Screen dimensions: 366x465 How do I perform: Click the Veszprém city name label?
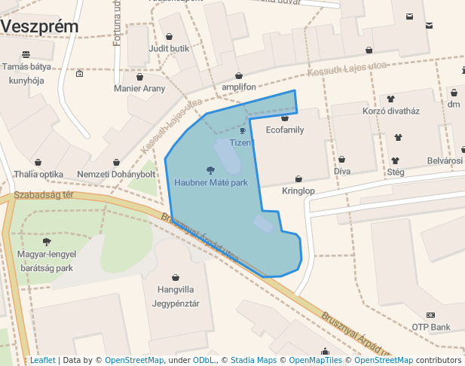click(x=39, y=26)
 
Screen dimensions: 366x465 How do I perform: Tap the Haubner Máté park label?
click(x=210, y=182)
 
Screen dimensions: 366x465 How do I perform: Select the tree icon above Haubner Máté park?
click(x=210, y=169)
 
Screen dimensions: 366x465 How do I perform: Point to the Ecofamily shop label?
click(x=285, y=130)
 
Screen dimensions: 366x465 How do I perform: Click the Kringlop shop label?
click(x=298, y=191)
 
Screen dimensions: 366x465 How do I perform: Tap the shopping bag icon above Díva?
click(x=342, y=160)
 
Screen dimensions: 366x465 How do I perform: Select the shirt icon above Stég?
click(x=396, y=160)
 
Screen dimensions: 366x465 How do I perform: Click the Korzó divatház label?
click(x=390, y=111)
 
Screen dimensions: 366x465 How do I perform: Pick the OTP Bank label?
click(x=430, y=327)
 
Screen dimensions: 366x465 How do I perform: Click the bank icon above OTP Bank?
click(x=430, y=315)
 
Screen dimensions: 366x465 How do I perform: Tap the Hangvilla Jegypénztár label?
click(x=176, y=297)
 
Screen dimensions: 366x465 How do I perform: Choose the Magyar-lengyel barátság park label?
click(x=47, y=261)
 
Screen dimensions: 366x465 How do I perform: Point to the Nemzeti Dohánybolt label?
click(x=116, y=175)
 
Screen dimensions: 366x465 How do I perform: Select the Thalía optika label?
click(x=38, y=175)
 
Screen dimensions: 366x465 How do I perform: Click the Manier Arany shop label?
click(x=139, y=89)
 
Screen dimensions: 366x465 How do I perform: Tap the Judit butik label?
click(x=169, y=48)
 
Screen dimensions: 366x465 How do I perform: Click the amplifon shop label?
click(x=239, y=87)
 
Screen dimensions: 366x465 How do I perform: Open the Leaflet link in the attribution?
click(x=42, y=360)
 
